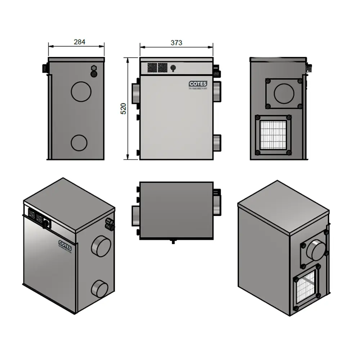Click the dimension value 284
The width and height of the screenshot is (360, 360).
tap(80, 42)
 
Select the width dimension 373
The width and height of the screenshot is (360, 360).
tap(176, 42)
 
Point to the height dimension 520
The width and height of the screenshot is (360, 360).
tap(123, 108)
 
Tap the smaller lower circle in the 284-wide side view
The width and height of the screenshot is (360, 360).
tap(79, 143)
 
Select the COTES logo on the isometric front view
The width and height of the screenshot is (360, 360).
tap(65, 243)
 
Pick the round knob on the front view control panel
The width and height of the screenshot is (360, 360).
tap(173, 67)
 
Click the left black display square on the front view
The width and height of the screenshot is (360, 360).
tap(152, 67)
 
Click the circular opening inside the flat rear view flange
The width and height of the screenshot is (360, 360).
tap(284, 93)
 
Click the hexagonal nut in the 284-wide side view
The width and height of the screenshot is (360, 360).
tap(94, 68)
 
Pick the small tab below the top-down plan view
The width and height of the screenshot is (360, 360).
tap(173, 241)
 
